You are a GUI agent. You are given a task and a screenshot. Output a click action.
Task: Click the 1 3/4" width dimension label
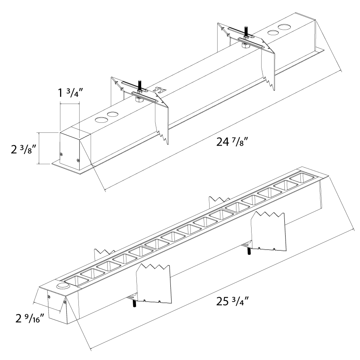point(69,94)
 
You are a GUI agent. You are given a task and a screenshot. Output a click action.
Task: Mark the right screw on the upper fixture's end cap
point(78,161)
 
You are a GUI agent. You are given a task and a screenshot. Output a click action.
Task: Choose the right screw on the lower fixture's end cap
point(65,303)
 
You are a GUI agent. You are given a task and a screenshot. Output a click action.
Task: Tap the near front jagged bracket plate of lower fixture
point(154,284)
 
